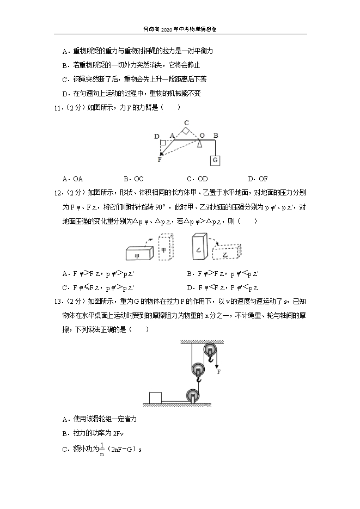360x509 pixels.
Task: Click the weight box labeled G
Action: (x=215, y=161)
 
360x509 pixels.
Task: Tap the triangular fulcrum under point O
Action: (x=201, y=143)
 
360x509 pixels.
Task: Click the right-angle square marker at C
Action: (x=186, y=131)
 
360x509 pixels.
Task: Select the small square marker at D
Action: (x=162, y=143)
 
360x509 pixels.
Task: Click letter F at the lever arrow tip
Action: (x=160, y=159)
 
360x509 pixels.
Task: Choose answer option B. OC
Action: (x=133, y=179)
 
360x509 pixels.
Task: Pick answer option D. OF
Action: (x=258, y=179)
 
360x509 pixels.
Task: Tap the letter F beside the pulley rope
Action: (x=218, y=372)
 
